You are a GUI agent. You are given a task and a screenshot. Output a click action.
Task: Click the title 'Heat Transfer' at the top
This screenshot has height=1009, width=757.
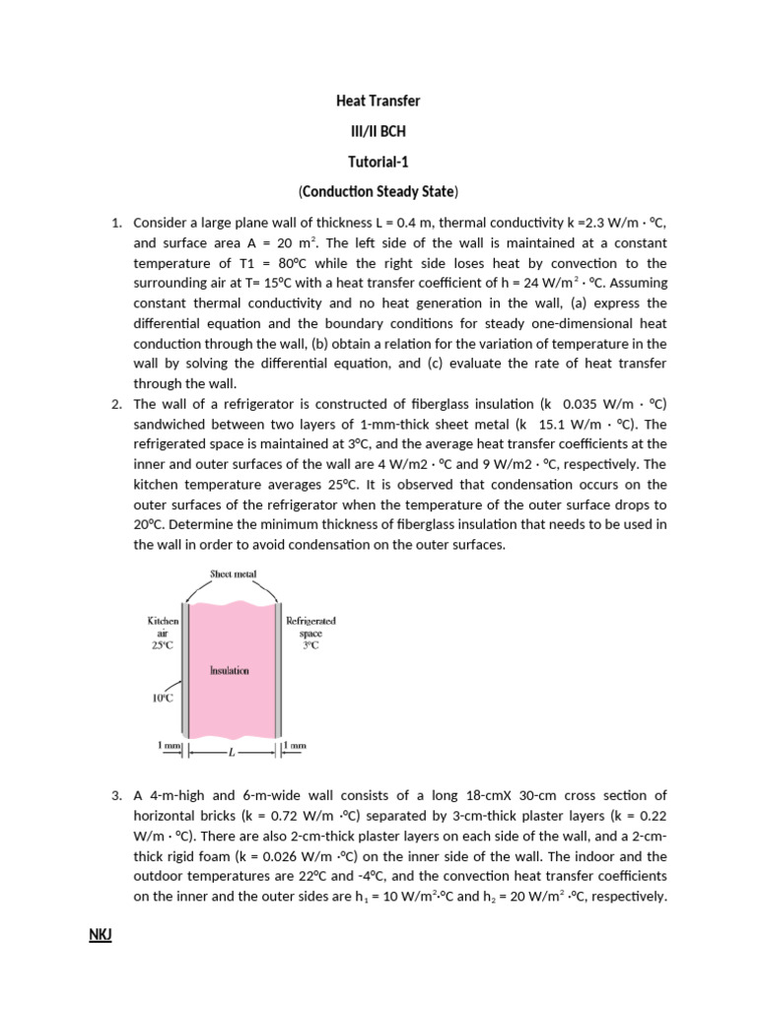[378, 101]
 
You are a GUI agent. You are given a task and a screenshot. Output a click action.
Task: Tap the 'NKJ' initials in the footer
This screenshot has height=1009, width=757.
[101, 933]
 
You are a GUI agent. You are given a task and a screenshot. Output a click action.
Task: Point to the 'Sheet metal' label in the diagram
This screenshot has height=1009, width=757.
[233, 573]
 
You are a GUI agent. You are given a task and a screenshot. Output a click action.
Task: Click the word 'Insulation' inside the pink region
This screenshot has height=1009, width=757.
[230, 670]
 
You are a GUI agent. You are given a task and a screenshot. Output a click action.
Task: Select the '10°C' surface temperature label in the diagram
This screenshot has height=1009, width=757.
[162, 698]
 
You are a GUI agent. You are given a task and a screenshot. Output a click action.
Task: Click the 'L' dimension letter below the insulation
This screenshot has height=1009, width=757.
[231, 753]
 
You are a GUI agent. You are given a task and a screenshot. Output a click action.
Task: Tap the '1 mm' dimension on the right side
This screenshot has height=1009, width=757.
[295, 746]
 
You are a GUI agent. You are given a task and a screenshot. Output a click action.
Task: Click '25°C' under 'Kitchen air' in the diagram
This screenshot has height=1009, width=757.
[163, 645]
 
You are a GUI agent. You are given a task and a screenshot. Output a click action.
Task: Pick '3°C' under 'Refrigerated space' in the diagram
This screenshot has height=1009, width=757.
[310, 645]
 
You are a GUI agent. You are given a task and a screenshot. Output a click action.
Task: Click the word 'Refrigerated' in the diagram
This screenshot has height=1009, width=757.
[310, 621]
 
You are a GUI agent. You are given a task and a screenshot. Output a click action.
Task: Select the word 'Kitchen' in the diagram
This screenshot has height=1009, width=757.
[163, 621]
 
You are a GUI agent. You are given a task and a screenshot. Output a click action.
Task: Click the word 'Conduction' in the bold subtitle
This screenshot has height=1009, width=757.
[336, 190]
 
